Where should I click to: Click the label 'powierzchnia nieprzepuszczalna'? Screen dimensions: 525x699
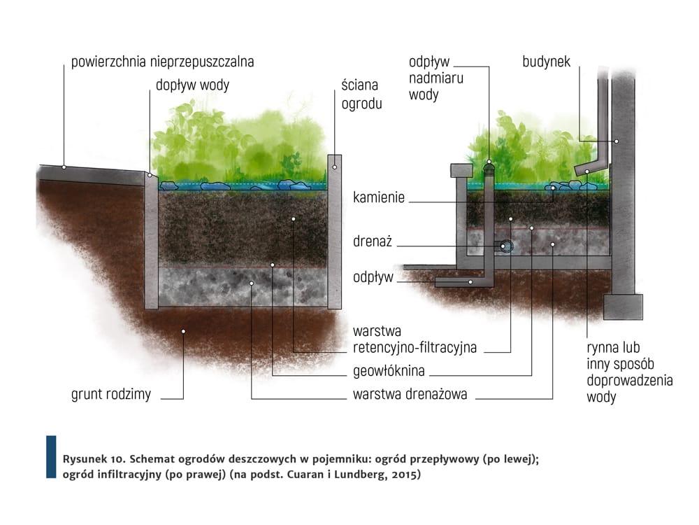[162, 62]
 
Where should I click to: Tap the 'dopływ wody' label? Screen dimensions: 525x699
[192, 85]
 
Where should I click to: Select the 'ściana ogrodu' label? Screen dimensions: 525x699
[360, 94]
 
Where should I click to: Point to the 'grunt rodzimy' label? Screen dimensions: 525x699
[111, 394]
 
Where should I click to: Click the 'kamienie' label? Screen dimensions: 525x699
[380, 198]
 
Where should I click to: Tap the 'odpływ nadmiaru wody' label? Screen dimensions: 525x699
[435, 78]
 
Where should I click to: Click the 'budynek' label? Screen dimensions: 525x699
[546, 62]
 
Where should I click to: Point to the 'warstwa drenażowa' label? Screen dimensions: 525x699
[410, 394]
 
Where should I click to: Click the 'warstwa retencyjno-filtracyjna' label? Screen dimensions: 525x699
[415, 338]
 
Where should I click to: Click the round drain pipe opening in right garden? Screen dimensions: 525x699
[505, 246]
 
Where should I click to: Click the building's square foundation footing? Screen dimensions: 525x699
[623, 306]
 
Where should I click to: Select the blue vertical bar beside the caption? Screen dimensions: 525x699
[50, 456]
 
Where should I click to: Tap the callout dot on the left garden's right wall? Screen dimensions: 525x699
[334, 167]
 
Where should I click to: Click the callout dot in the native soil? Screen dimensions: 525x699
[183, 330]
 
